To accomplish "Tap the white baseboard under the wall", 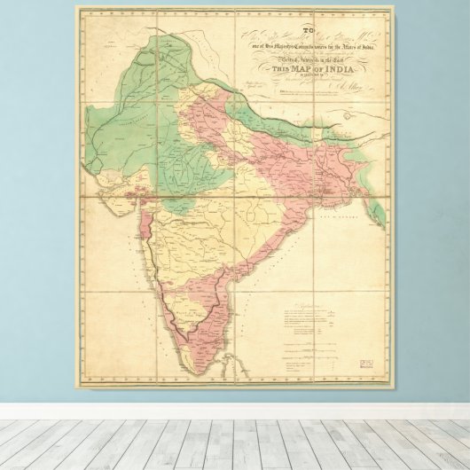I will coord(235,411).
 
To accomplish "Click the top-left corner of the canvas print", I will coord(75,7).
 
